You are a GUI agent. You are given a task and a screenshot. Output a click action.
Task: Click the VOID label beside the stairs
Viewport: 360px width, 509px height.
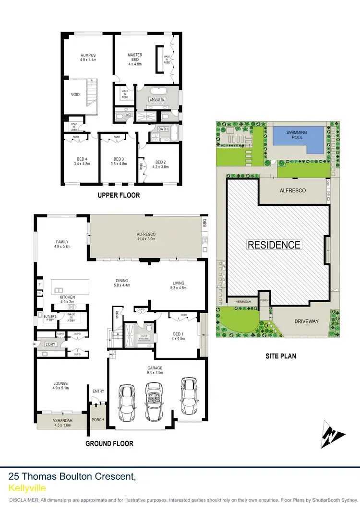pos(75,95)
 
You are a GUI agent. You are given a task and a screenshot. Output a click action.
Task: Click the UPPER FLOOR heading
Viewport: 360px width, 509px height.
pos(119,195)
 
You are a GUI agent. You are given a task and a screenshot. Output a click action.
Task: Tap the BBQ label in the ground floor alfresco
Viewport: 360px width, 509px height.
pos(204,223)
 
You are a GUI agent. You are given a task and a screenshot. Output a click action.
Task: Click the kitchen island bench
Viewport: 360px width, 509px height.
pos(72,287)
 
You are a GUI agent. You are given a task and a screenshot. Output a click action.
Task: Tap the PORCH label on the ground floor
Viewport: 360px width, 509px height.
pos(98,420)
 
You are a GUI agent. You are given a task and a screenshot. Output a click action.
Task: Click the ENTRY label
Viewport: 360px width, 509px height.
pos(98,391)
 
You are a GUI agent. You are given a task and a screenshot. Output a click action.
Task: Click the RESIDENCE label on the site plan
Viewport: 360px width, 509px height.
pos(274,245)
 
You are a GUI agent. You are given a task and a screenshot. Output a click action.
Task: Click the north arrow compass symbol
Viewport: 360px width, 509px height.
pos(333,434)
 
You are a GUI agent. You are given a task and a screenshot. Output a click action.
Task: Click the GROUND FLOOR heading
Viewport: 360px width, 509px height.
pos(109,443)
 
